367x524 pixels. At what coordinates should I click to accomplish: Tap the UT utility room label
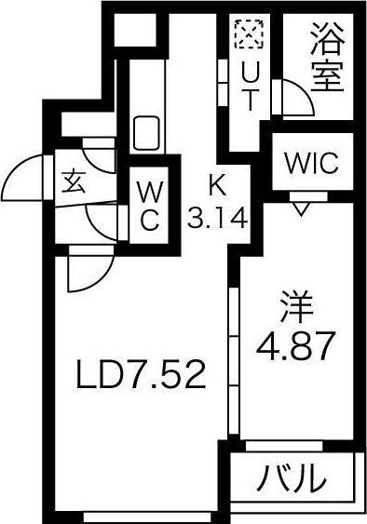250,85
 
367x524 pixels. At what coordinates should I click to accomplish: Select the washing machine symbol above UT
249,36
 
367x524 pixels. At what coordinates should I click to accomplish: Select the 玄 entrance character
73,181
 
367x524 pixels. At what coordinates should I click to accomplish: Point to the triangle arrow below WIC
301,207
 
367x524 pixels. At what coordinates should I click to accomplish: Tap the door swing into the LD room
88,272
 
